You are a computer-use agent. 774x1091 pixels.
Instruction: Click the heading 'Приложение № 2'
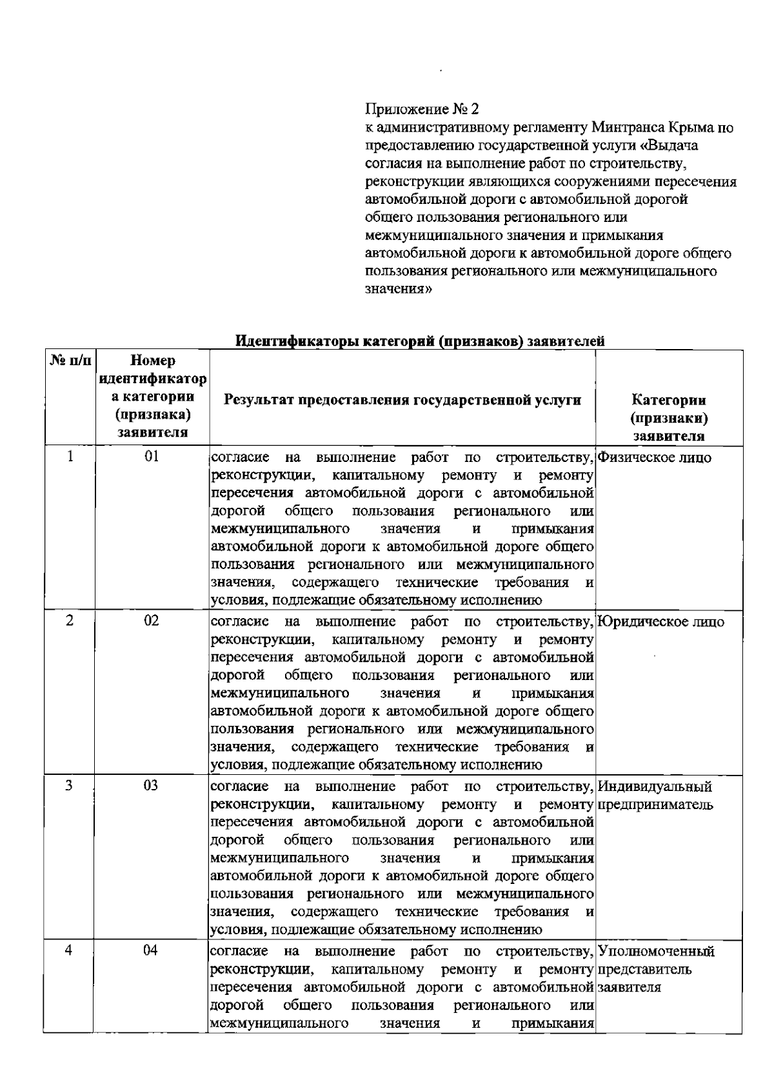tap(422, 108)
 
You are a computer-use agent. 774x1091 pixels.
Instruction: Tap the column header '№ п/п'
tap(69, 361)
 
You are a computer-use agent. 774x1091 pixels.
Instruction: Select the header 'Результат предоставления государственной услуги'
tap(402, 400)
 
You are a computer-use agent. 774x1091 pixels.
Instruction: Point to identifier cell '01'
tap(152, 457)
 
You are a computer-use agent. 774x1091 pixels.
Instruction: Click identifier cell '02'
tap(152, 621)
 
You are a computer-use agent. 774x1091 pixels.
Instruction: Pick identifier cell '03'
tap(152, 786)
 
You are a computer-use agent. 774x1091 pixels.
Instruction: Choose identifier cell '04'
tap(152, 950)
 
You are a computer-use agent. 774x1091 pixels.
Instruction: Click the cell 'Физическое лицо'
tap(655, 458)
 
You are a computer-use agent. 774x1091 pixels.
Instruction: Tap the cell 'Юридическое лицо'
tap(661, 622)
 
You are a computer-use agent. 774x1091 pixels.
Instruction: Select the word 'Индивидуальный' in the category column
tap(655, 786)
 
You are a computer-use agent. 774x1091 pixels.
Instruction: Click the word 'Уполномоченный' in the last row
tap(657, 952)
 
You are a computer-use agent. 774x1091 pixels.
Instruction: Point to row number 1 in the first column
tap(70, 457)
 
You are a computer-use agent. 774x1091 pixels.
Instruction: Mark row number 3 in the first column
tap(70, 786)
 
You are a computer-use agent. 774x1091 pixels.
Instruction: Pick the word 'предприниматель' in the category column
tap(655, 805)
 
